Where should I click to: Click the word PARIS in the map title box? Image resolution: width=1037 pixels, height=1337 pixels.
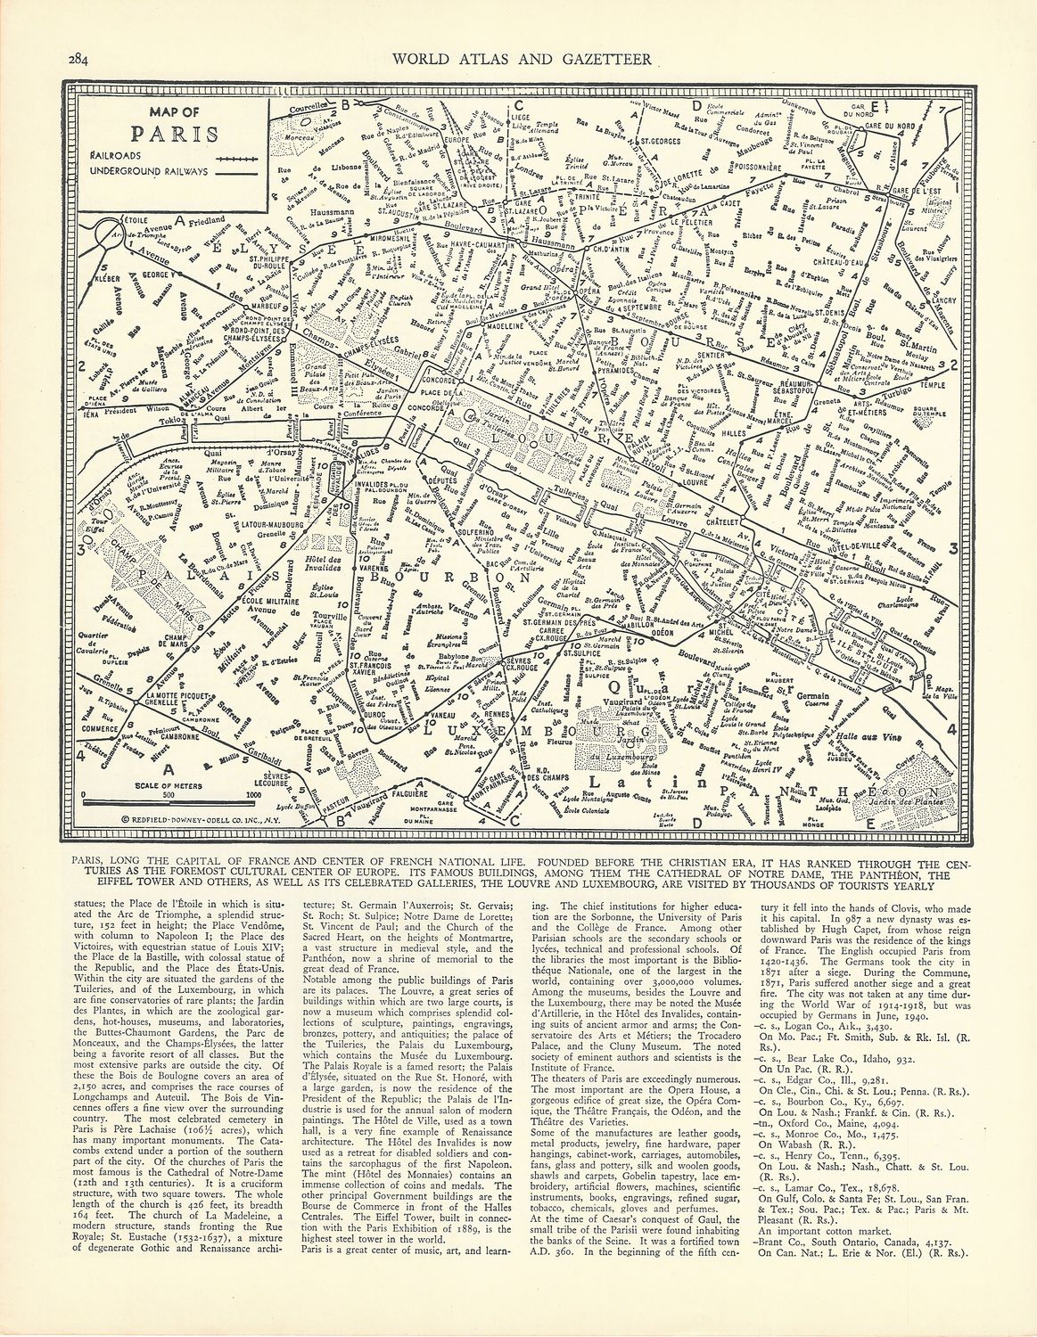[175, 135]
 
